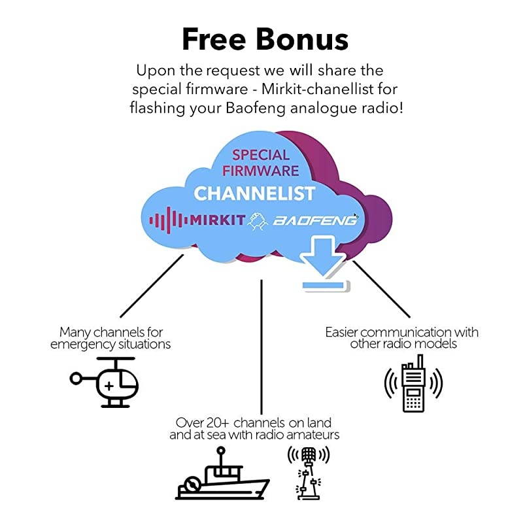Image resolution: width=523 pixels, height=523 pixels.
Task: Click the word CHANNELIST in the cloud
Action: click(x=254, y=193)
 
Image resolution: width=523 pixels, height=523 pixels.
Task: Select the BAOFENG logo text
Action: click(x=316, y=220)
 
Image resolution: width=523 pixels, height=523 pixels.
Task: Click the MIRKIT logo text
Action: click(x=216, y=220)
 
